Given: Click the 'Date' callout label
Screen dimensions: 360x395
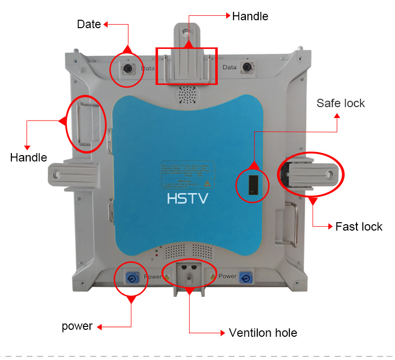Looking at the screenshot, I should [89, 24].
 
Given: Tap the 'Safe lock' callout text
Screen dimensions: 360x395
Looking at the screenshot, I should [341, 103].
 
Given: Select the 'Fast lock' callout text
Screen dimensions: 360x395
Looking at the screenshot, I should [358, 227].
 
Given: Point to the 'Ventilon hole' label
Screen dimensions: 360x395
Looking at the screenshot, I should [263, 333].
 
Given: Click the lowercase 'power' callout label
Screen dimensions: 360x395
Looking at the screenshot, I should [77, 326].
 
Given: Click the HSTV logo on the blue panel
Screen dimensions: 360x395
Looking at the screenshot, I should [188, 199].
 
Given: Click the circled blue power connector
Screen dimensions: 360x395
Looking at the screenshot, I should [132, 279].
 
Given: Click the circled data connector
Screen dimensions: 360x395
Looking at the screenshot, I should [127, 67].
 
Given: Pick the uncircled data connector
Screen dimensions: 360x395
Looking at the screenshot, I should [246, 67].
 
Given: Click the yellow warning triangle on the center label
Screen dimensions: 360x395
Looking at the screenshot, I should [207, 184].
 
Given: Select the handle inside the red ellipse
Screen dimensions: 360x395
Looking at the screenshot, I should [85, 122].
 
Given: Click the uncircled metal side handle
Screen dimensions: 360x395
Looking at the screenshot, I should [288, 225].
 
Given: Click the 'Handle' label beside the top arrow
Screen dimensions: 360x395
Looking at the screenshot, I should [250, 16].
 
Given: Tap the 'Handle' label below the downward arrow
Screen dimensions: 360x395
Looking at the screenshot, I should [29, 158].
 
